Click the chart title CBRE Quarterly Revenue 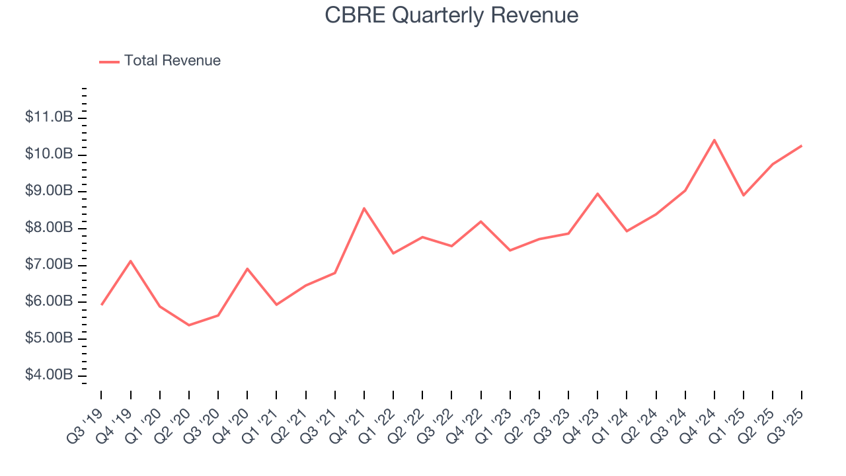pos(451,15)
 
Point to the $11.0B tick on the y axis pos(48,118)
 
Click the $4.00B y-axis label pos(48,376)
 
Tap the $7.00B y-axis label pos(48,265)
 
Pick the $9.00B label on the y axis pos(48,191)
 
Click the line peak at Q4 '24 pos(714,140)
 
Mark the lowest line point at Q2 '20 pos(189,325)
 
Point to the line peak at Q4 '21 pos(364,208)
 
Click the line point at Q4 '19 pos(131,261)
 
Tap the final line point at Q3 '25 pos(802,145)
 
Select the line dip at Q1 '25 pos(744,195)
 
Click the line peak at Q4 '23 pos(597,194)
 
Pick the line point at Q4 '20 pos(247,268)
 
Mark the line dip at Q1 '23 pos(510,250)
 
